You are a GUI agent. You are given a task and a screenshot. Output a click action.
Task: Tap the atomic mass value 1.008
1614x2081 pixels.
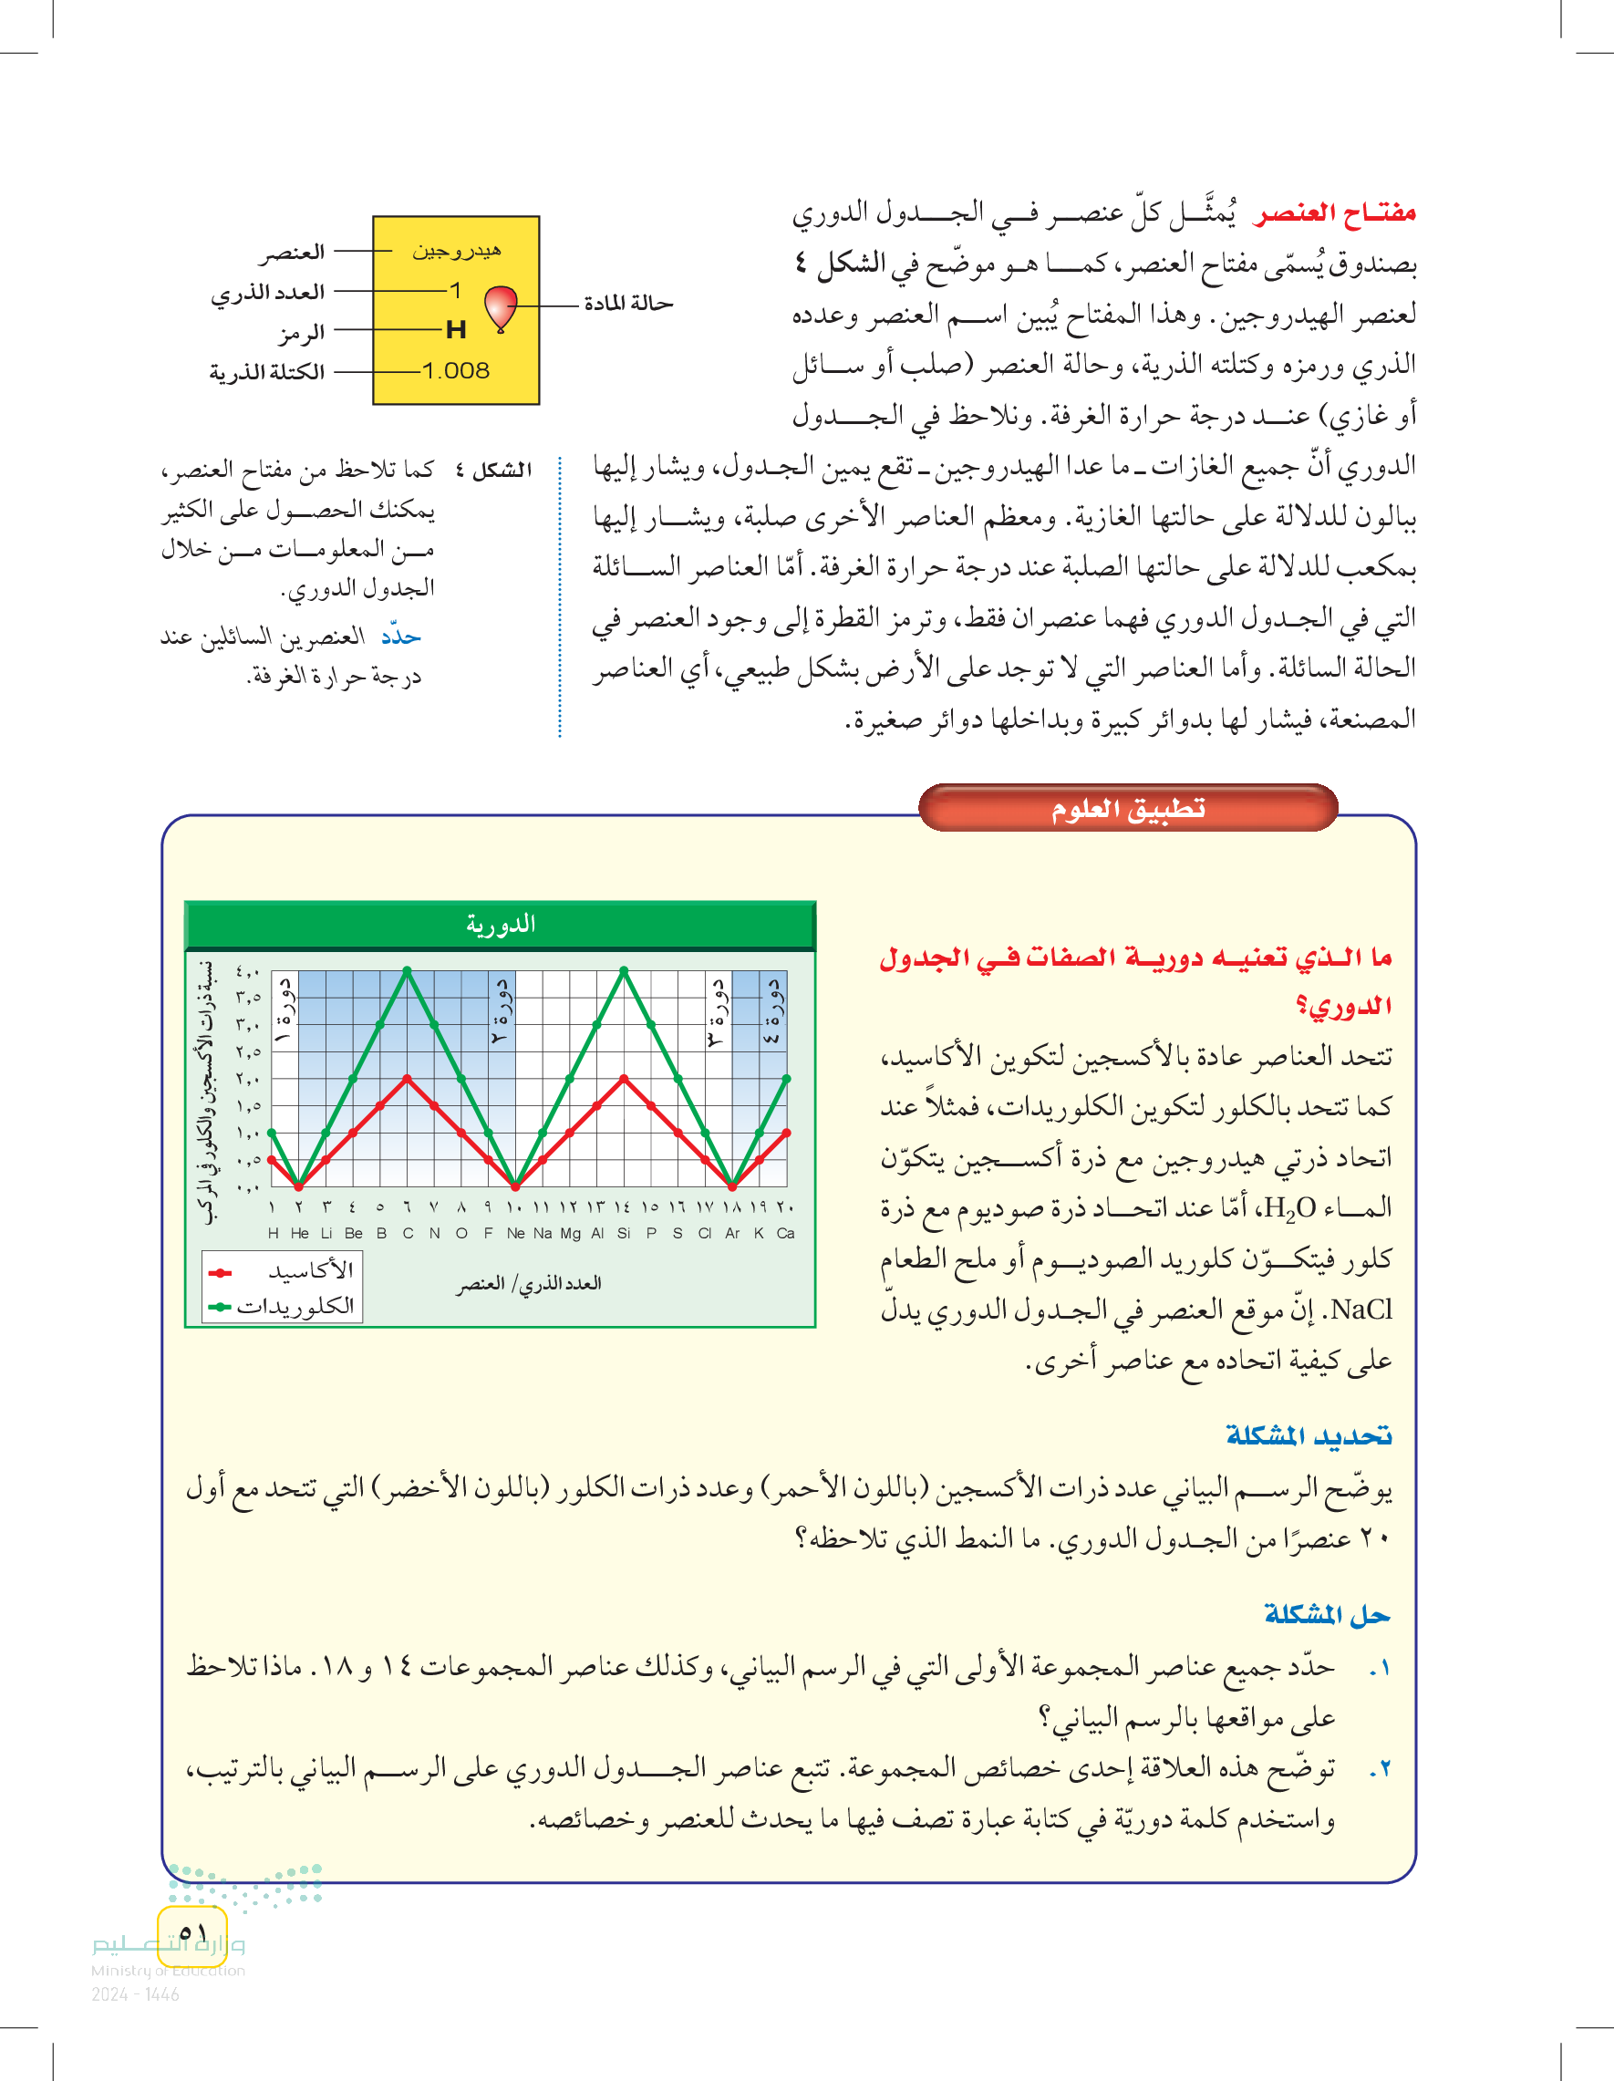tap(455, 370)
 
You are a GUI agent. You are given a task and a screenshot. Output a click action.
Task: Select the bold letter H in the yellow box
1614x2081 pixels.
tap(455, 330)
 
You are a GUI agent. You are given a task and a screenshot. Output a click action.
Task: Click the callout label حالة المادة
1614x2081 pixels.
tap(628, 304)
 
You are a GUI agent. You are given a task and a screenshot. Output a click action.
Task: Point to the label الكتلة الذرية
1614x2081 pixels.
tap(267, 372)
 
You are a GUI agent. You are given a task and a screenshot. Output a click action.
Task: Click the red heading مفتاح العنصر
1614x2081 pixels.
tap(1335, 212)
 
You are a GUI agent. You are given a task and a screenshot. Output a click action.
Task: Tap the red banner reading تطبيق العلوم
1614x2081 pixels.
tap(1128, 809)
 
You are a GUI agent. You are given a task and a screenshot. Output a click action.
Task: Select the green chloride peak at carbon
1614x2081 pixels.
tap(407, 970)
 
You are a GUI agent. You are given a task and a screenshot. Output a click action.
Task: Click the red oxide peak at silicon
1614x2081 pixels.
tap(624, 1079)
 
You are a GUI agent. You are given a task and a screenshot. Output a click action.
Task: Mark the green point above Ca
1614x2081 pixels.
tap(787, 1079)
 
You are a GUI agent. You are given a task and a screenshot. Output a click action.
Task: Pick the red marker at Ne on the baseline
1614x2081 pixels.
tap(515, 1186)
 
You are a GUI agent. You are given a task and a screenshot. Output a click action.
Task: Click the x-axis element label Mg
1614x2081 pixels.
tap(570, 1233)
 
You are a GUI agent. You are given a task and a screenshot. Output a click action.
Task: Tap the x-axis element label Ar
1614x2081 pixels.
tap(731, 1233)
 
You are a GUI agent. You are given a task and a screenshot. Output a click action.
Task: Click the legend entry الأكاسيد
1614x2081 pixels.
tap(310, 1271)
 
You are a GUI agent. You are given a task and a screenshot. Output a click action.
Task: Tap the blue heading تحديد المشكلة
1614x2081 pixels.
tap(1309, 1435)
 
